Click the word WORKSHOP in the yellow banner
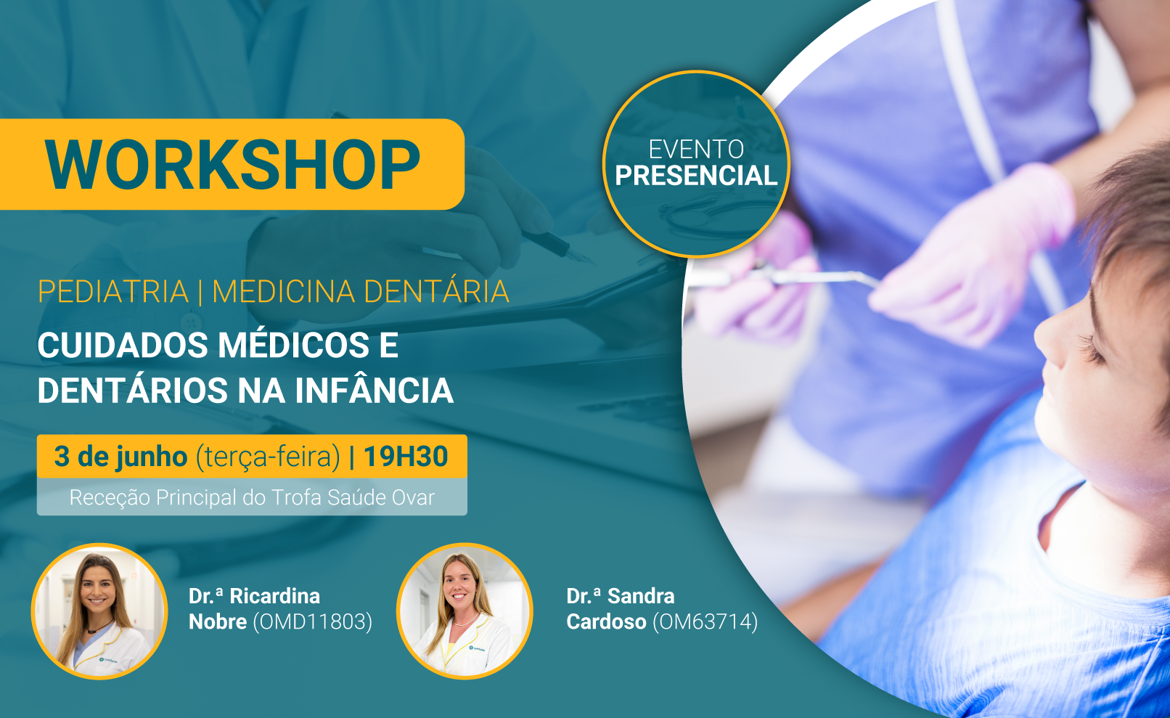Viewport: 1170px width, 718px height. tap(232, 165)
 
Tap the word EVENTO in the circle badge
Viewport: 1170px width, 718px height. tap(696, 150)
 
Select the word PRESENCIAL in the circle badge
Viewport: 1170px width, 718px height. tap(696, 175)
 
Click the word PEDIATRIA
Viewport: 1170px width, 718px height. tap(112, 291)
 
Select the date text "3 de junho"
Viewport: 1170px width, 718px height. tap(120, 456)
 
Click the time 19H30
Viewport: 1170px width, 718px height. tap(405, 456)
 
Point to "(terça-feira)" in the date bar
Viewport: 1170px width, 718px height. tap(267, 457)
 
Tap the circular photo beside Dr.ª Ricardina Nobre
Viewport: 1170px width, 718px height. tap(99, 611)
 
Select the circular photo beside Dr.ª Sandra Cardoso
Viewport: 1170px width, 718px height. tap(465, 611)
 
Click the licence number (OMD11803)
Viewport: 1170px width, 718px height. tap(312, 622)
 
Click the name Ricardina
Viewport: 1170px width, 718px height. tap(275, 596)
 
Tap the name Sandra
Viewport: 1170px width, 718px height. tap(641, 596)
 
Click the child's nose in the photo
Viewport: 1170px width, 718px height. tap(1049, 340)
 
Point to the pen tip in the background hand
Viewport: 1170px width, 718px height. tap(590, 260)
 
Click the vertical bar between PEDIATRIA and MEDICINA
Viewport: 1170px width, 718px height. tap(200, 291)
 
